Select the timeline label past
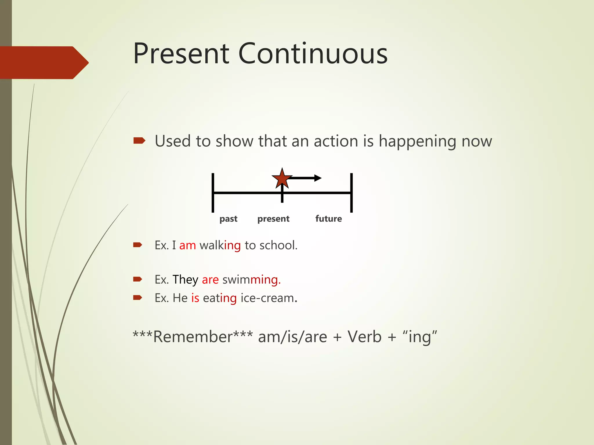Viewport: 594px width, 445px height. pyautogui.click(x=228, y=219)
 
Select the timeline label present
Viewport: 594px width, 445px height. pyautogui.click(x=273, y=219)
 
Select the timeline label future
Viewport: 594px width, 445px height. pyautogui.click(x=328, y=219)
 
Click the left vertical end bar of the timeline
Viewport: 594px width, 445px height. pyautogui.click(x=213, y=193)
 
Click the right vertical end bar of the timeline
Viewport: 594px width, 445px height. pyautogui.click(x=351, y=193)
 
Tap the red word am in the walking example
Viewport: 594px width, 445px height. pyautogui.click(x=187, y=246)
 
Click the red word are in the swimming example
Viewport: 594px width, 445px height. pyautogui.click(x=210, y=280)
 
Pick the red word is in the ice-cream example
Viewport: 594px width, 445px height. pyautogui.click(x=195, y=298)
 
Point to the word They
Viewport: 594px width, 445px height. pyautogui.click(x=185, y=280)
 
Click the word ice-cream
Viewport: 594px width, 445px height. pyautogui.click(x=267, y=298)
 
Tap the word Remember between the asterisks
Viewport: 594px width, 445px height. pyautogui.click(x=193, y=337)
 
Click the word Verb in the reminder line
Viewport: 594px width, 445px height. pyautogui.click(x=364, y=337)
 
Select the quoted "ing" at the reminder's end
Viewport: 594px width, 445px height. pyautogui.click(x=420, y=337)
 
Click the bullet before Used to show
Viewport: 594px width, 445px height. pyautogui.click(x=139, y=141)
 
